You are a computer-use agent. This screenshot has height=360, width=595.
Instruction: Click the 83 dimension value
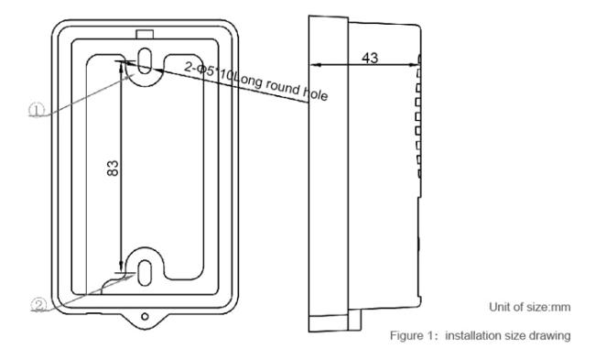(x=113, y=169)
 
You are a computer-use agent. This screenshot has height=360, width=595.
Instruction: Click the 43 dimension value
(x=370, y=58)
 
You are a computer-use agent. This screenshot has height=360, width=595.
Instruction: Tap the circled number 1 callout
(x=37, y=111)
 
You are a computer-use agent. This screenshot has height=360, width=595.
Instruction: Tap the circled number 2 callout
(x=38, y=305)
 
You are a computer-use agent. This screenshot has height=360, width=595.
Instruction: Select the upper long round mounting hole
(x=145, y=60)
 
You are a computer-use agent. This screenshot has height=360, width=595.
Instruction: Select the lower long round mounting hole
(x=145, y=273)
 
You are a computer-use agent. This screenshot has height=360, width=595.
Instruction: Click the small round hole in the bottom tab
(x=145, y=316)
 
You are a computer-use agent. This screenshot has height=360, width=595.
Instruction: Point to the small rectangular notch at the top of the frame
(x=145, y=34)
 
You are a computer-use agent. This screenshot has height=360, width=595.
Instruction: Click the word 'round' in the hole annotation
(x=282, y=87)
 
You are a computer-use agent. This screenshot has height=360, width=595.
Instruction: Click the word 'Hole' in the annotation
(x=315, y=93)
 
